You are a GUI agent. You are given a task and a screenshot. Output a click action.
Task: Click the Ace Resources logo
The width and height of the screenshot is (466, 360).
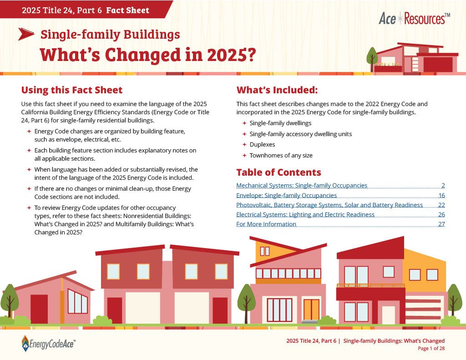tap(414, 19)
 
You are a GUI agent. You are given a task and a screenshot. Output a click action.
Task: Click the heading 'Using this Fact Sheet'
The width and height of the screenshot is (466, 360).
tap(72, 90)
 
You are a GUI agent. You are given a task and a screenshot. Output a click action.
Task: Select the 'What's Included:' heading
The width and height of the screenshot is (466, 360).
tap(277, 90)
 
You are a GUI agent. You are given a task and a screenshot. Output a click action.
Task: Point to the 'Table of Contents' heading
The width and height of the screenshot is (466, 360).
tap(279, 172)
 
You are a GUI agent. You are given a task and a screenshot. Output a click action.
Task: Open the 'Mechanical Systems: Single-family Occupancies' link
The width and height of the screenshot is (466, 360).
tap(302, 186)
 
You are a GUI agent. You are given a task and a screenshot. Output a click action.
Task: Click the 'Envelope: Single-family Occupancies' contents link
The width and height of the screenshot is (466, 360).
tap(287, 195)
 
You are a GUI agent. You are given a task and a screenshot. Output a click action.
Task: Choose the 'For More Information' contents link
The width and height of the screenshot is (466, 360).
tap(266, 224)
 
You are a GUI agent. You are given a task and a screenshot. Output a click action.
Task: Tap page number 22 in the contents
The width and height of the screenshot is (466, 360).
tap(441, 205)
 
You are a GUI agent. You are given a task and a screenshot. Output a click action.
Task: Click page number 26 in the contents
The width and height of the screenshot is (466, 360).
tap(441, 214)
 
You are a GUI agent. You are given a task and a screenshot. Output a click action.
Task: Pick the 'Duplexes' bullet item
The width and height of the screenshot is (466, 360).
tap(262, 145)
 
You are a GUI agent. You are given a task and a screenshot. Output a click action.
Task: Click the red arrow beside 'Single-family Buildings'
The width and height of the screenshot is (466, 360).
tap(26, 34)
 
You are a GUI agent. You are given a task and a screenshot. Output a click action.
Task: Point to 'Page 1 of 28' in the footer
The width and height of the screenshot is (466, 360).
tap(431, 349)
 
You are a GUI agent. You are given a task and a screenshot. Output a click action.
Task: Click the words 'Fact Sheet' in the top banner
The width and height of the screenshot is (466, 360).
tap(127, 10)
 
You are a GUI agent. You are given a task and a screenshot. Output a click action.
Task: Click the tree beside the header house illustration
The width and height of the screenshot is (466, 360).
tap(372, 56)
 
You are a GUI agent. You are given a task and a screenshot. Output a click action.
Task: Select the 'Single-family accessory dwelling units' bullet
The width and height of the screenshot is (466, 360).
tap(300, 134)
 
